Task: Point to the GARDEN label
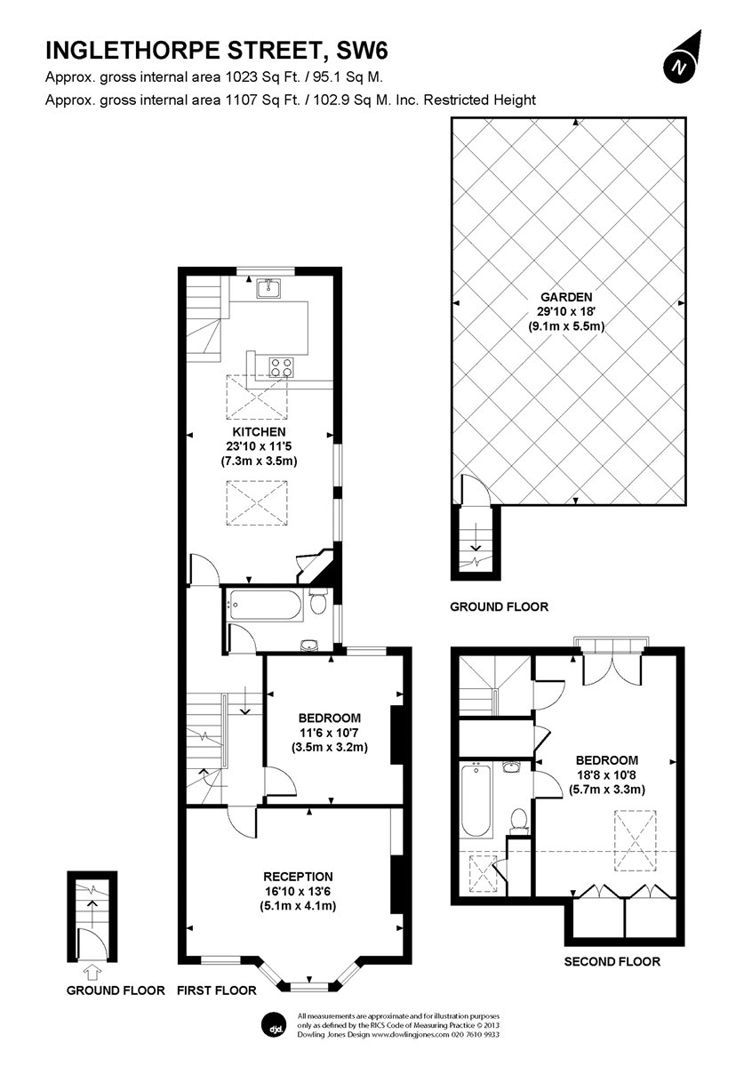click(x=570, y=297)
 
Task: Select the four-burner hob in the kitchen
click(x=282, y=366)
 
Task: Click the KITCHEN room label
click(x=259, y=432)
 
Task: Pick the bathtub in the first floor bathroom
click(x=264, y=605)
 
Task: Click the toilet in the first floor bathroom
click(x=317, y=604)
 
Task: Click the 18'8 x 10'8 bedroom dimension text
click(x=607, y=774)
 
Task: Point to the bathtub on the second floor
click(x=476, y=802)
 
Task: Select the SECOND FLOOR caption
click(x=612, y=961)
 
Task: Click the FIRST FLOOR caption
click(x=217, y=990)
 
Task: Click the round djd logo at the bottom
click(x=274, y=1024)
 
